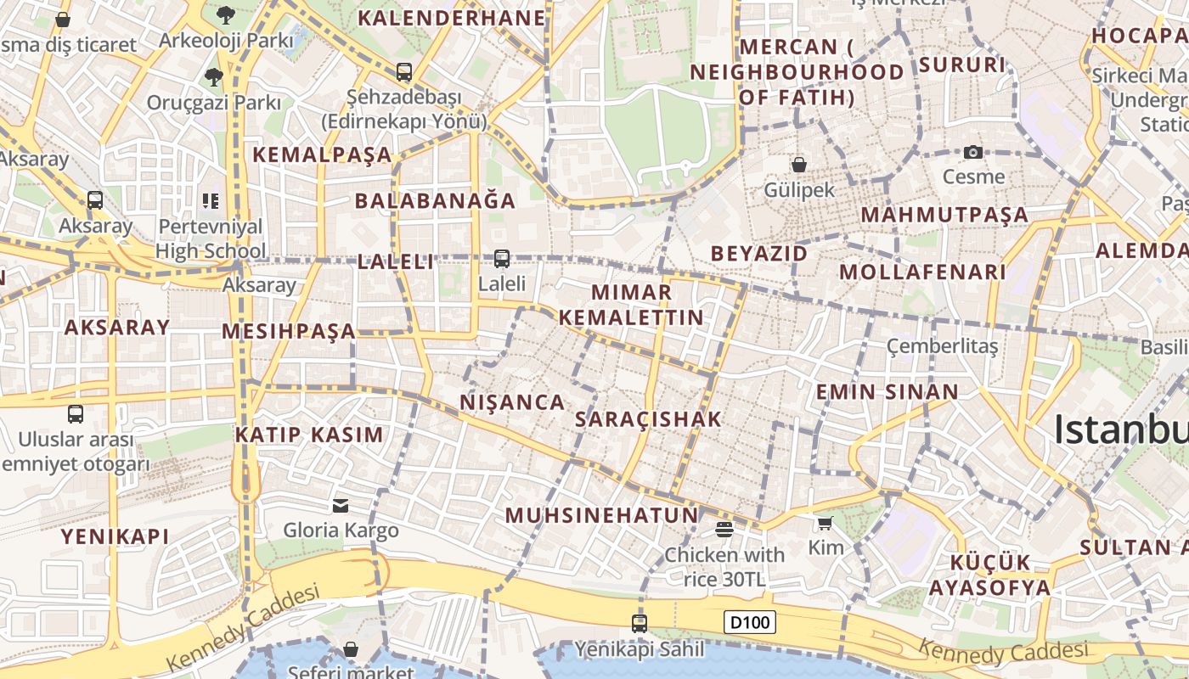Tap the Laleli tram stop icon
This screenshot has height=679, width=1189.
tap(502, 259)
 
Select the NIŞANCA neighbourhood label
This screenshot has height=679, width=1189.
tap(512, 401)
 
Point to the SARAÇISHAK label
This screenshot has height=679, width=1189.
tap(648, 418)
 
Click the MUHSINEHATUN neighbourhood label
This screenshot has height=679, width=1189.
tap(601, 515)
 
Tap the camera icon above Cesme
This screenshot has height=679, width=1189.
tap(973, 153)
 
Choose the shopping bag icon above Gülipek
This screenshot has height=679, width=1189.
tap(798, 164)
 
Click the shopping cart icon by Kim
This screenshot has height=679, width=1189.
tap(825, 523)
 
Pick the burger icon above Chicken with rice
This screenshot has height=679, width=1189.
tap(724, 530)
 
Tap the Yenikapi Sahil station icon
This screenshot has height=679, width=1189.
tap(640, 624)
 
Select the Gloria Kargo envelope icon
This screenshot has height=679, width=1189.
tap(341, 506)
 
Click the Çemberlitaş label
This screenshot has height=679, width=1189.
tap(943, 345)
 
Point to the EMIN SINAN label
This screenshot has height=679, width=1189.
tap(887, 392)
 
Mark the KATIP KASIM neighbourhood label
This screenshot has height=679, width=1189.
tap(309, 435)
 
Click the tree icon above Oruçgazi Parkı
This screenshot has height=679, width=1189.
tap(213, 77)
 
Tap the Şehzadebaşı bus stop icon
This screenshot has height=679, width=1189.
tap(404, 72)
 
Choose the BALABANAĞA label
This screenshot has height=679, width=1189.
tap(435, 201)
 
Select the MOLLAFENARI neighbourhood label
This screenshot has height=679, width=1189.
tap(922, 272)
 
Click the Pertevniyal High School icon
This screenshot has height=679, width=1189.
tap(211, 201)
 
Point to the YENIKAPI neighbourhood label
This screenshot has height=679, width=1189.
tap(115, 536)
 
